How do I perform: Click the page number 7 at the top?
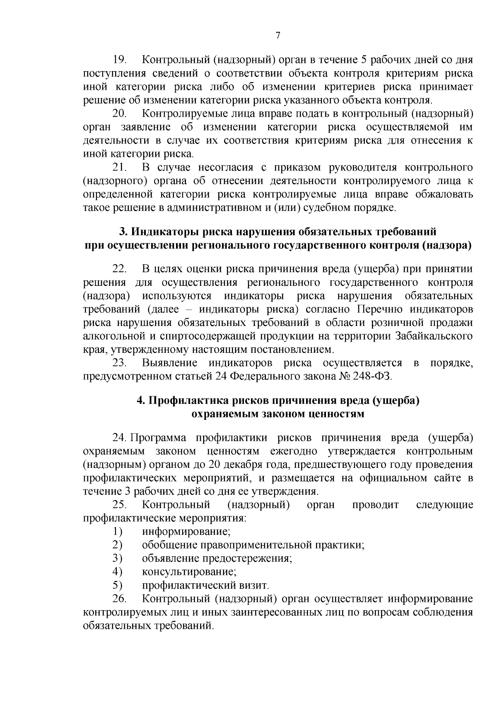coord(278,36)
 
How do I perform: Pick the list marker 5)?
coord(117,585)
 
